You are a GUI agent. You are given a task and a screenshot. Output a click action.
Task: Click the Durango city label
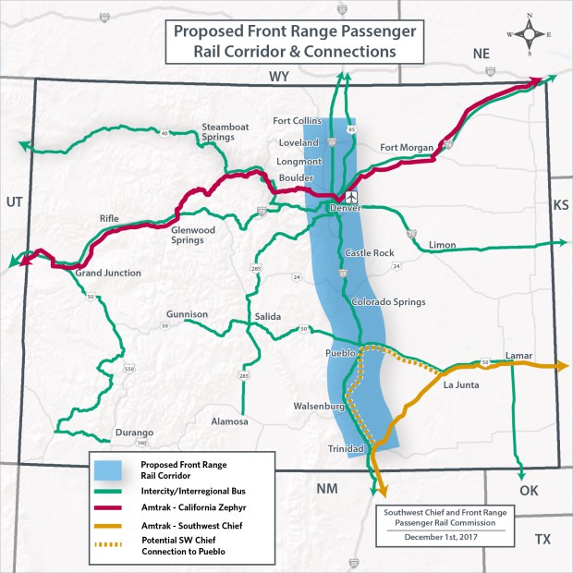[133, 433]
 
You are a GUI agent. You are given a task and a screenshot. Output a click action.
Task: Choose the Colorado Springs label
[388, 302]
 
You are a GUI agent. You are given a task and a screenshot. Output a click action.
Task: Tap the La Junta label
[460, 384]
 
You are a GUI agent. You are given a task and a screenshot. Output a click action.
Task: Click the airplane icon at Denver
[351, 197]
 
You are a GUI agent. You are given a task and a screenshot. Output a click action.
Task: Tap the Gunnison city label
[188, 314]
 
